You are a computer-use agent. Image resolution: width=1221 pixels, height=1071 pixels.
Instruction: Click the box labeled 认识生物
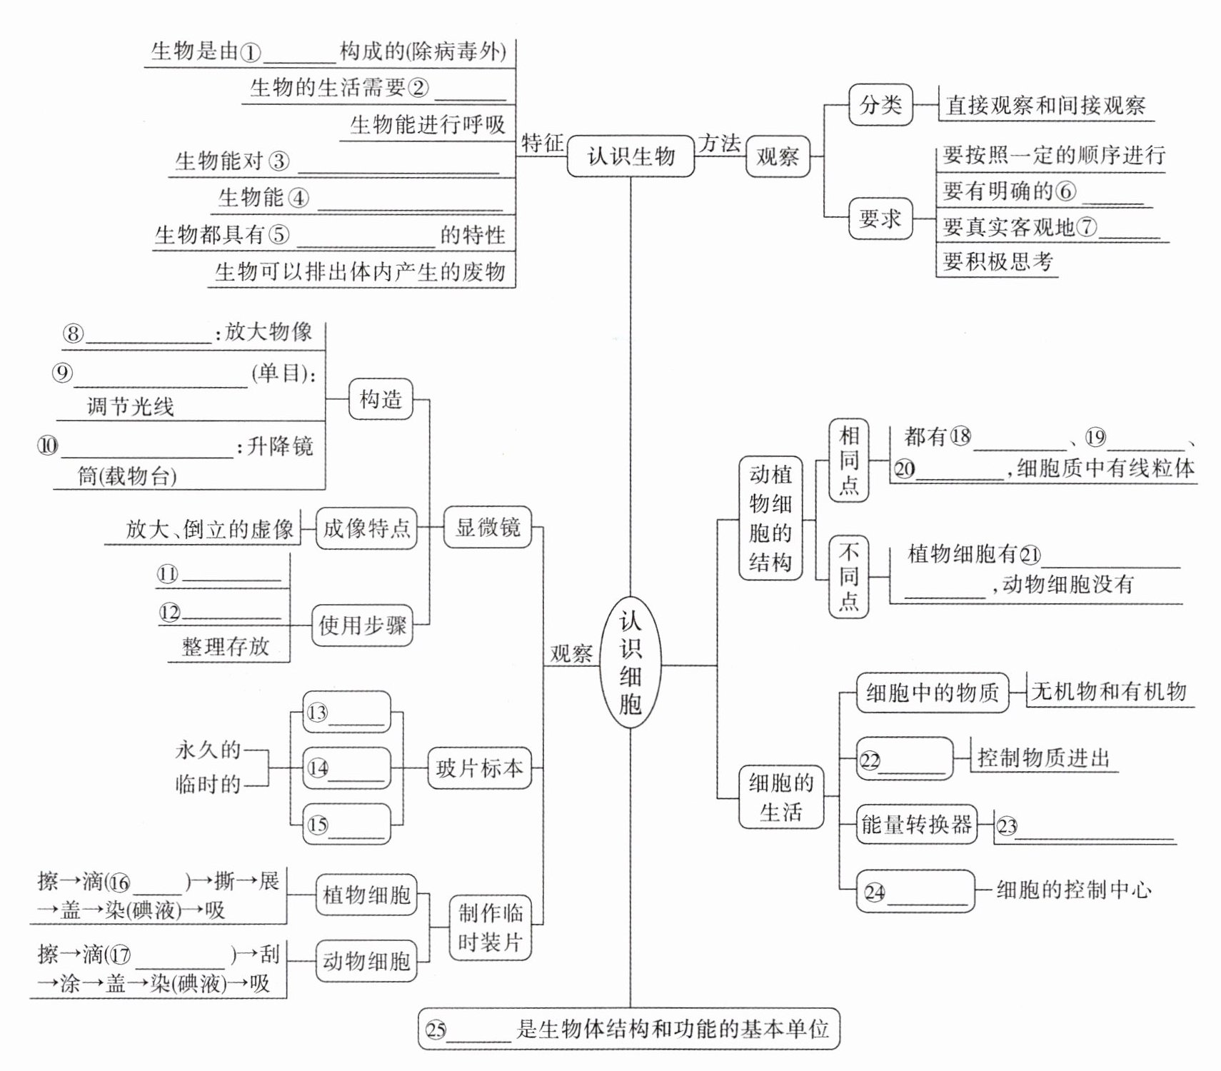630,156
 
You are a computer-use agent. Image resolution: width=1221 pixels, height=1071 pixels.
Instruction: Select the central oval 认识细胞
630,664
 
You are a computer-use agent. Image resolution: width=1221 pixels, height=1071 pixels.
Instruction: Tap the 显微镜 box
488,528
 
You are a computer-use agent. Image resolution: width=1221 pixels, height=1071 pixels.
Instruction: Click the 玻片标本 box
479,768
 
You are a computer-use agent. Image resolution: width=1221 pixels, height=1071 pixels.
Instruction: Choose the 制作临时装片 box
490,927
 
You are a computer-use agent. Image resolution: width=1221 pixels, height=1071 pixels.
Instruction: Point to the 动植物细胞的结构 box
770,518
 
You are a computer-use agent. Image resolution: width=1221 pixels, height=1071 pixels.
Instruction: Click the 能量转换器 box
916,825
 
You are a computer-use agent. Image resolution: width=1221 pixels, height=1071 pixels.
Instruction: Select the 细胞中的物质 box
932,692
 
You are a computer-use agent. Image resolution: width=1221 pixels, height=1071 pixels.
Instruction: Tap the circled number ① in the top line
250,52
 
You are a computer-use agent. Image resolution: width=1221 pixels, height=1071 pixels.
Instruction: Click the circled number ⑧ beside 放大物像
73,333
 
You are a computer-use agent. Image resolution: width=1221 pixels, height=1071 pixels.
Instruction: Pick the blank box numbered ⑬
347,712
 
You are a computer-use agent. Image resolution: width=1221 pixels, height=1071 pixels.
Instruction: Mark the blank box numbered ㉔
915,891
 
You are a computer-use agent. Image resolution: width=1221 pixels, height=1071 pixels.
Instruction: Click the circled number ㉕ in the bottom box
436,1030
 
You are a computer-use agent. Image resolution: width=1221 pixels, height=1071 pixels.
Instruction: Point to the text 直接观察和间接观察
1045,106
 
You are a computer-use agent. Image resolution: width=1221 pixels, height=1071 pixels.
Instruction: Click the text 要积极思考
997,261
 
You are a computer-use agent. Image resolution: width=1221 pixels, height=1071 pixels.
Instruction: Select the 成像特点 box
366,528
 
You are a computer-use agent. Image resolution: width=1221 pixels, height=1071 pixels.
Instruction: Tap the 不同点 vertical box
848,576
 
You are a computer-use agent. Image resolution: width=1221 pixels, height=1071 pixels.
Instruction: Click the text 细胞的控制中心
1073,890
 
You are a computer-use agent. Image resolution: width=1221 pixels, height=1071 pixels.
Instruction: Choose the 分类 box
880,105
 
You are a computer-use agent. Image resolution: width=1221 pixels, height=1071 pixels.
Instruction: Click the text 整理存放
226,647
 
